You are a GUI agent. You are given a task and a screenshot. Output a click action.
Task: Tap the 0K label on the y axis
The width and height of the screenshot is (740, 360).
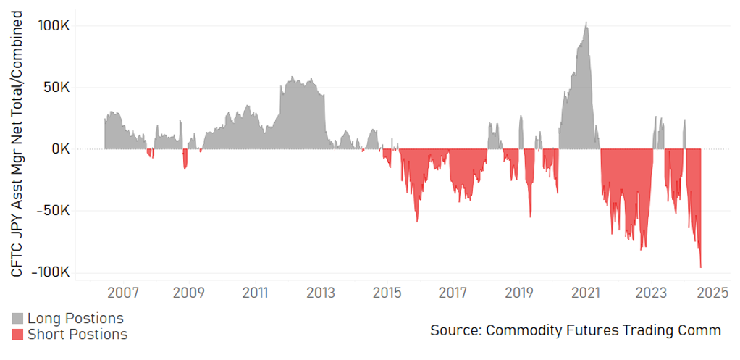(60, 149)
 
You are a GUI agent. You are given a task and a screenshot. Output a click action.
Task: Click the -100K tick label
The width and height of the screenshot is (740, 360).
(51, 272)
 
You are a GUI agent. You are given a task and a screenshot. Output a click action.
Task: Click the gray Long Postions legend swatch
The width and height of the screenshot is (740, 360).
(18, 318)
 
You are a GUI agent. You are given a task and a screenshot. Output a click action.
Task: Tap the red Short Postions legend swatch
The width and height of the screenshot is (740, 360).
(18, 334)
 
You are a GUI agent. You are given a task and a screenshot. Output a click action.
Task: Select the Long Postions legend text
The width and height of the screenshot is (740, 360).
(75, 318)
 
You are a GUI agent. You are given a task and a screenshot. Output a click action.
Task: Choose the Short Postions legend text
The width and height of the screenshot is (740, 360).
(77, 334)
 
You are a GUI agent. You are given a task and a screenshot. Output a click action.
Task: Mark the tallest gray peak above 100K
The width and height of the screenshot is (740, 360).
(586, 22)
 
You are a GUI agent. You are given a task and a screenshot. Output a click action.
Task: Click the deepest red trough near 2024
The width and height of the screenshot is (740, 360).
(700, 267)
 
